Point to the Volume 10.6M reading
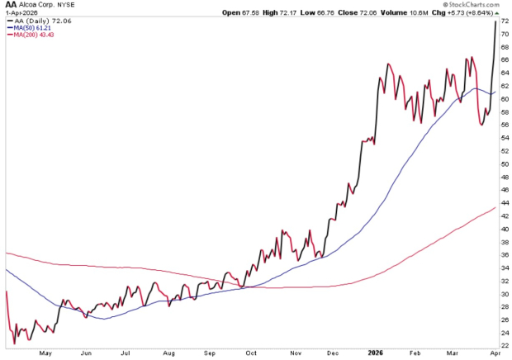pyautogui.click(x=396, y=13)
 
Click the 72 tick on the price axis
pyautogui.click(x=503, y=21)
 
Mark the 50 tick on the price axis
pyautogui.click(x=503, y=164)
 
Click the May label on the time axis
pyautogui.click(x=45, y=353)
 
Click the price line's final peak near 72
pyautogui.click(x=495, y=21)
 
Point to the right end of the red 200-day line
pyautogui.click(x=495, y=207)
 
